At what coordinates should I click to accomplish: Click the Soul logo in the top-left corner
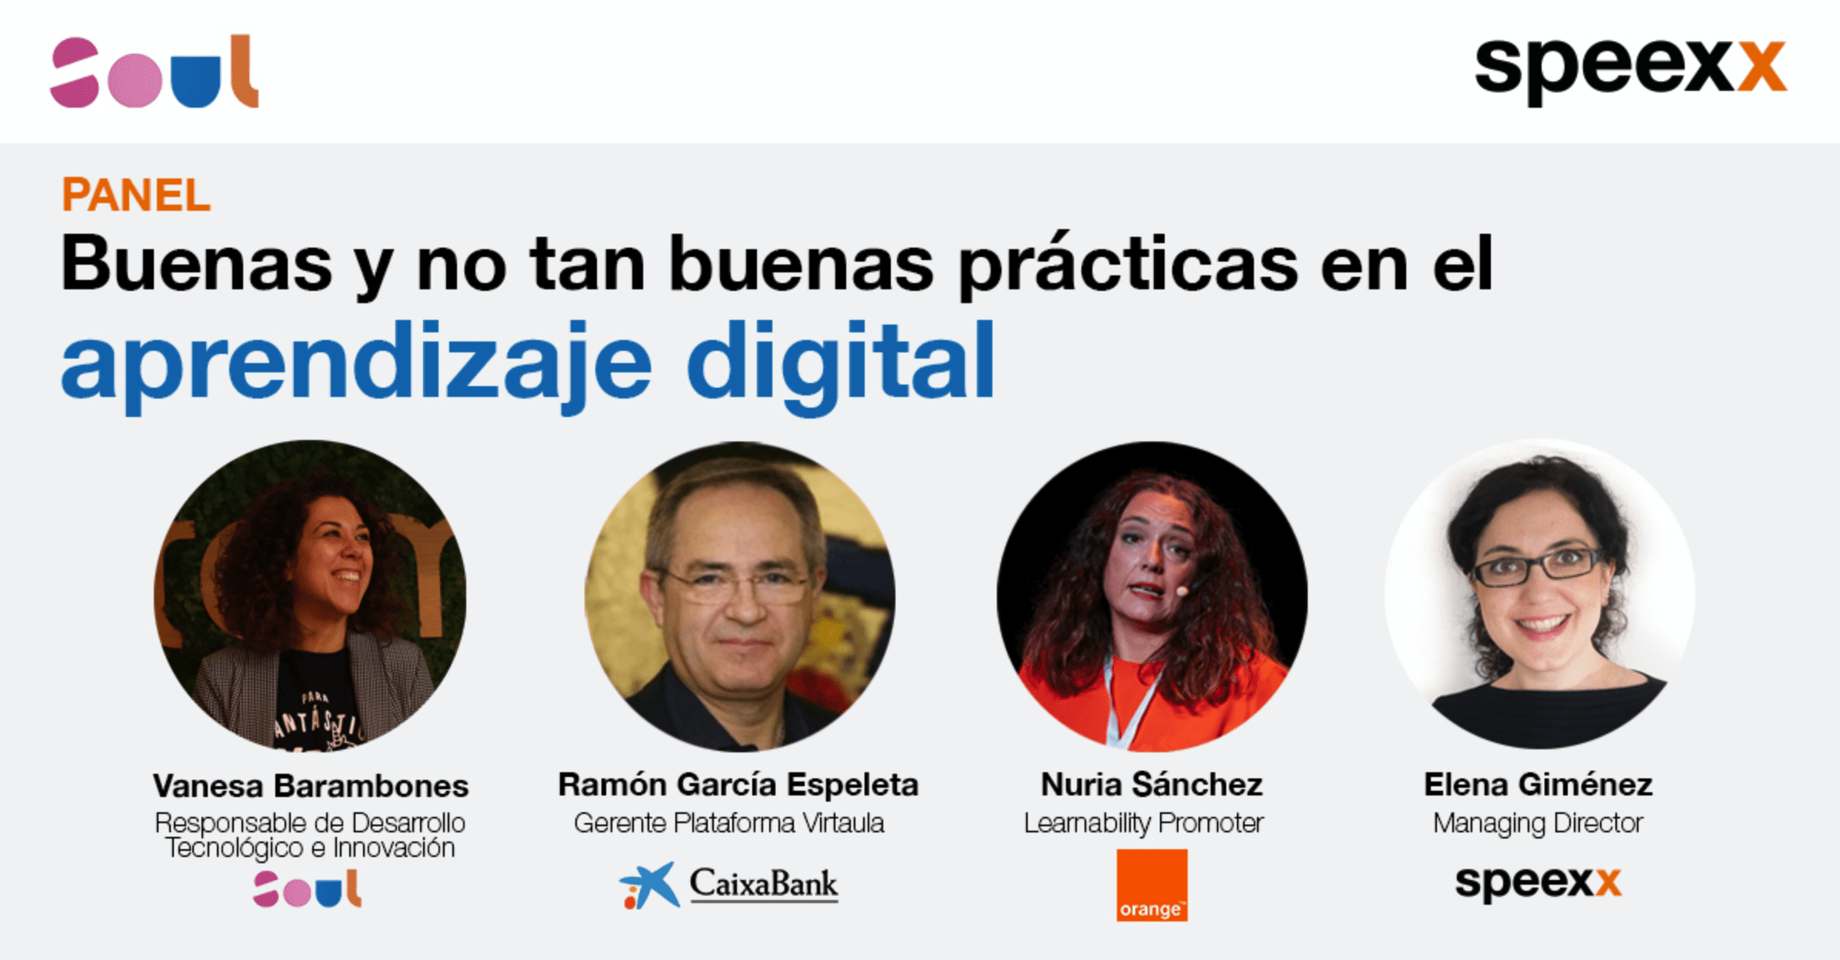pyautogui.click(x=154, y=71)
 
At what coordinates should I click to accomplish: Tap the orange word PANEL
pyautogui.click(x=135, y=195)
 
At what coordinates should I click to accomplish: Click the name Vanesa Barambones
pyautogui.click(x=311, y=785)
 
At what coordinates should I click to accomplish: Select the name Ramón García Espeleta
pyautogui.click(x=738, y=785)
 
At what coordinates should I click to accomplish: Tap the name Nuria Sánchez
pyautogui.click(x=1152, y=785)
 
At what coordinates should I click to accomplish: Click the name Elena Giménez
pyautogui.click(x=1538, y=785)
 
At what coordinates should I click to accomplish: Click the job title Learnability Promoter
pyautogui.click(x=1144, y=823)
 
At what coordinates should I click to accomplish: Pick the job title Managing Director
pyautogui.click(x=1538, y=824)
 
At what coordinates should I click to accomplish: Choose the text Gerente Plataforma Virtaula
pyautogui.click(x=729, y=823)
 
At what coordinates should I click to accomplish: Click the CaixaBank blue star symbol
pyautogui.click(x=651, y=885)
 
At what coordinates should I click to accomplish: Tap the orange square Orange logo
pyautogui.click(x=1152, y=885)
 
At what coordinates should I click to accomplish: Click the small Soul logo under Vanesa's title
pyautogui.click(x=308, y=888)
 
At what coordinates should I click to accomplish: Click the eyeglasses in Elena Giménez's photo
pyautogui.click(x=1538, y=568)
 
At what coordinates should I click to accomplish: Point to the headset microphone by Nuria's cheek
pyautogui.click(x=1182, y=591)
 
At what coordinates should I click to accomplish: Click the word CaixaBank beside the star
pyautogui.click(x=764, y=884)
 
